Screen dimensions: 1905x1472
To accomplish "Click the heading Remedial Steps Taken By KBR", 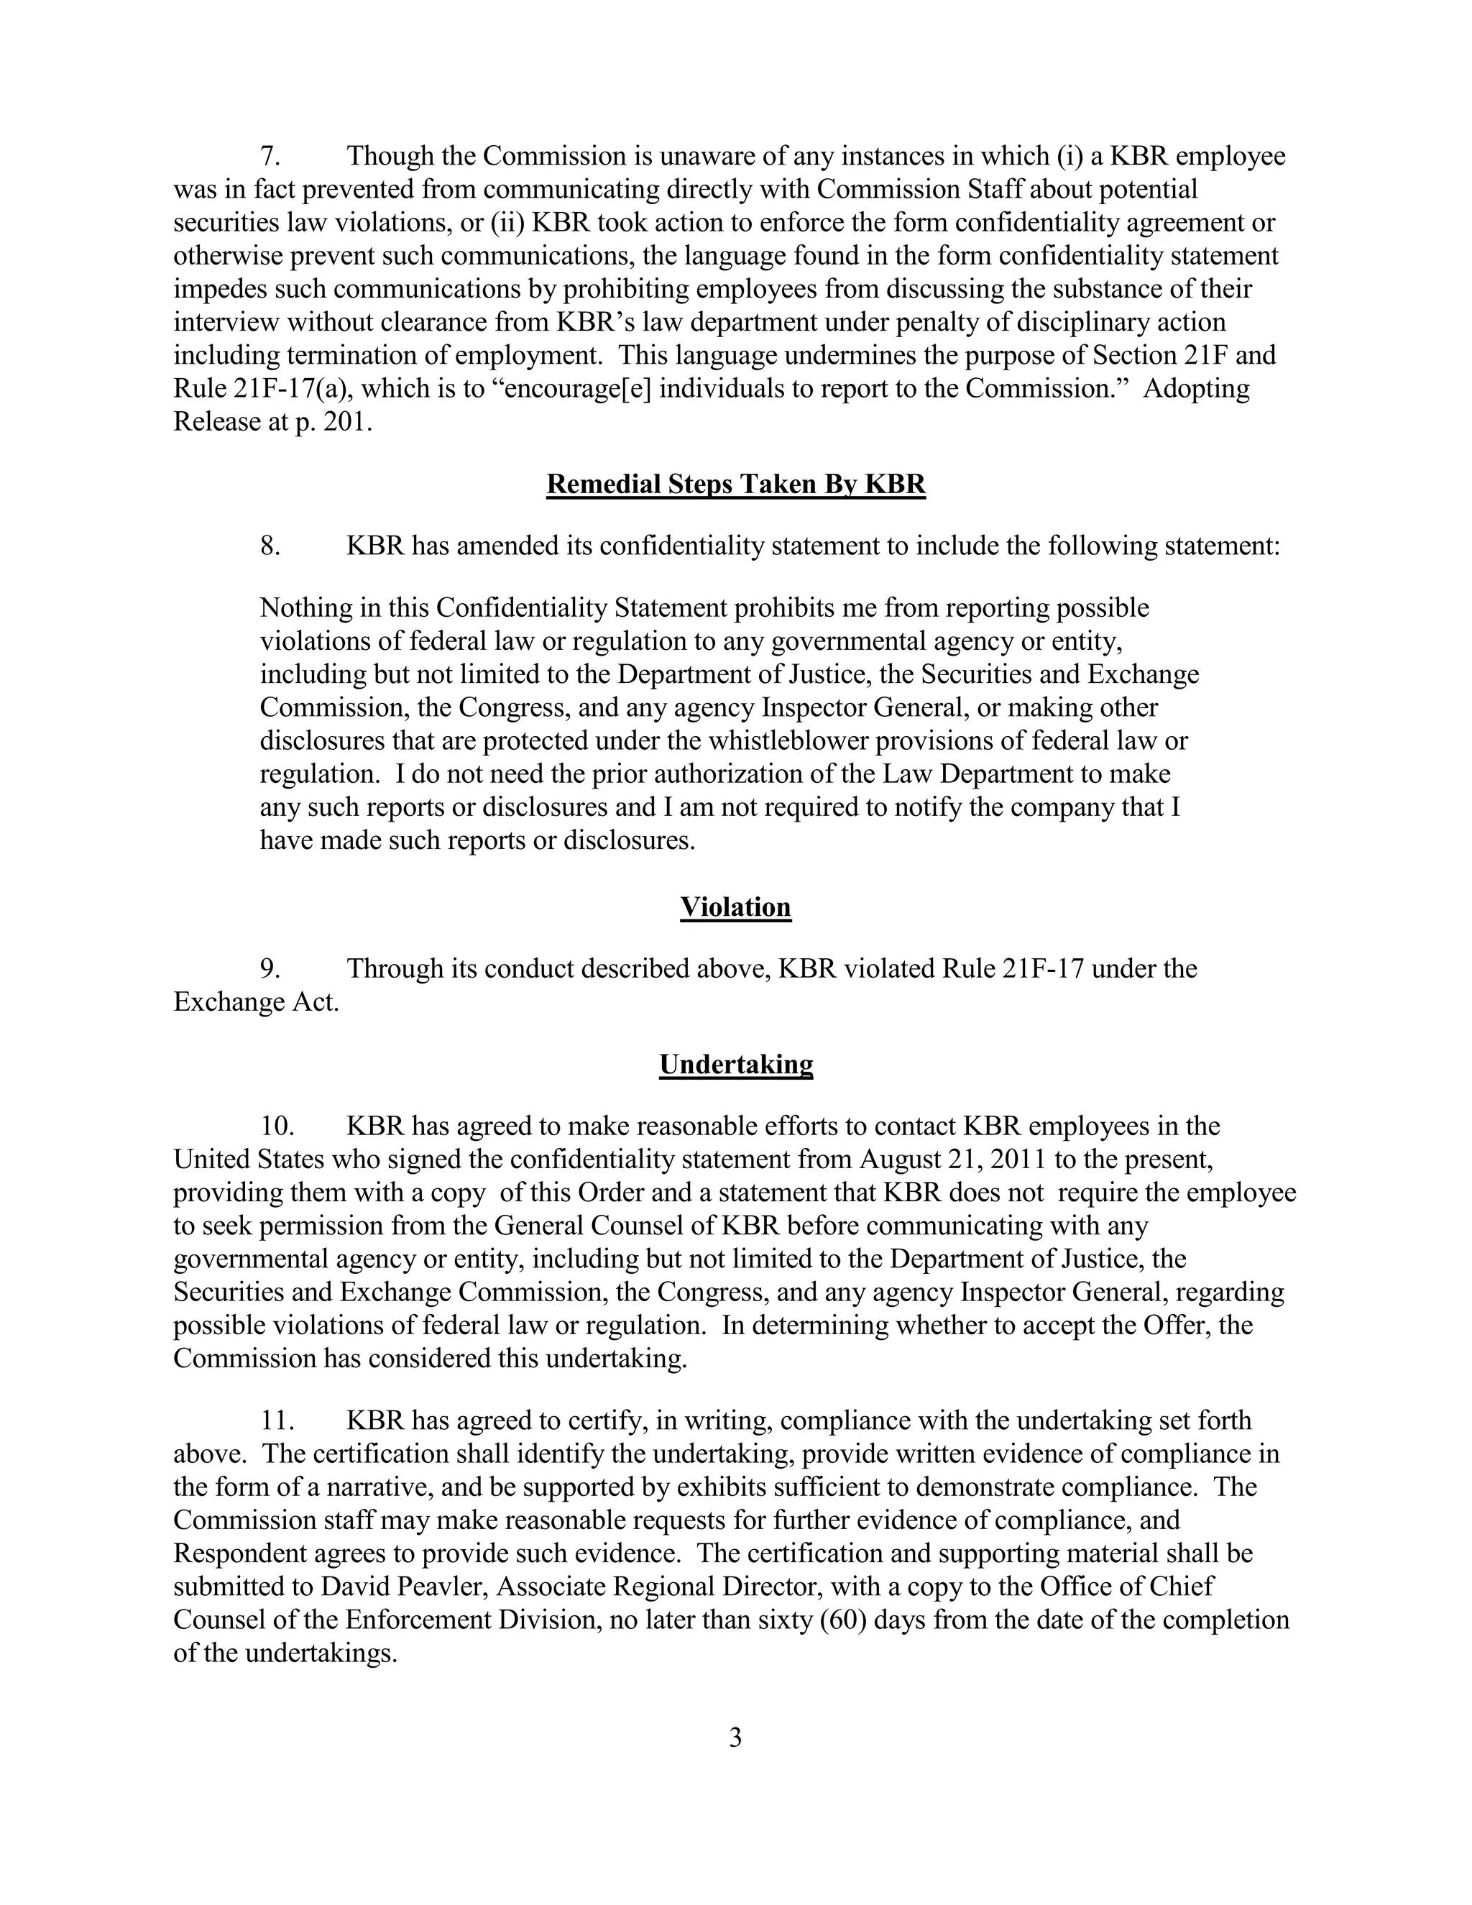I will point(735,484).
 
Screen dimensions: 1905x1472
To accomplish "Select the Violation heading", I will point(735,907).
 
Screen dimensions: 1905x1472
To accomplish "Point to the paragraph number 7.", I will point(270,157).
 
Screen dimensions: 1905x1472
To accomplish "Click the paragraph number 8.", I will point(270,547).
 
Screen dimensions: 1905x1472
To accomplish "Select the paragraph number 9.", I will point(270,969).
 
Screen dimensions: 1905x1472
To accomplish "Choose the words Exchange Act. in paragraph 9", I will point(257,1002).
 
